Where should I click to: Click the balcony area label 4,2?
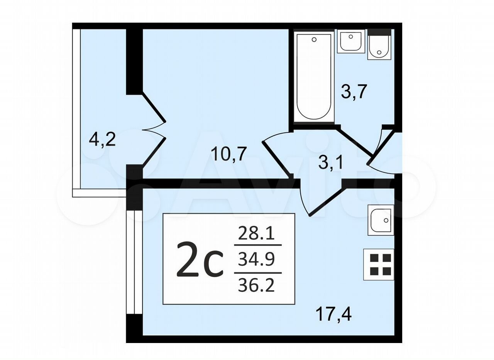coord(102,140)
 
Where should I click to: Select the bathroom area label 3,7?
coord(354,92)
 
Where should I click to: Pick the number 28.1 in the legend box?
coord(256,234)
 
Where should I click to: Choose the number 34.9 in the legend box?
coord(256,260)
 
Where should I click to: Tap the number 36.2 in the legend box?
coord(256,286)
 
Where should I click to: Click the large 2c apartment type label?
coord(200,260)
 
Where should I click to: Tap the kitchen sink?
coord(381,220)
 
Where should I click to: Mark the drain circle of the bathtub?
coord(314,40)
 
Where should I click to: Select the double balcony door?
coord(154,130)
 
